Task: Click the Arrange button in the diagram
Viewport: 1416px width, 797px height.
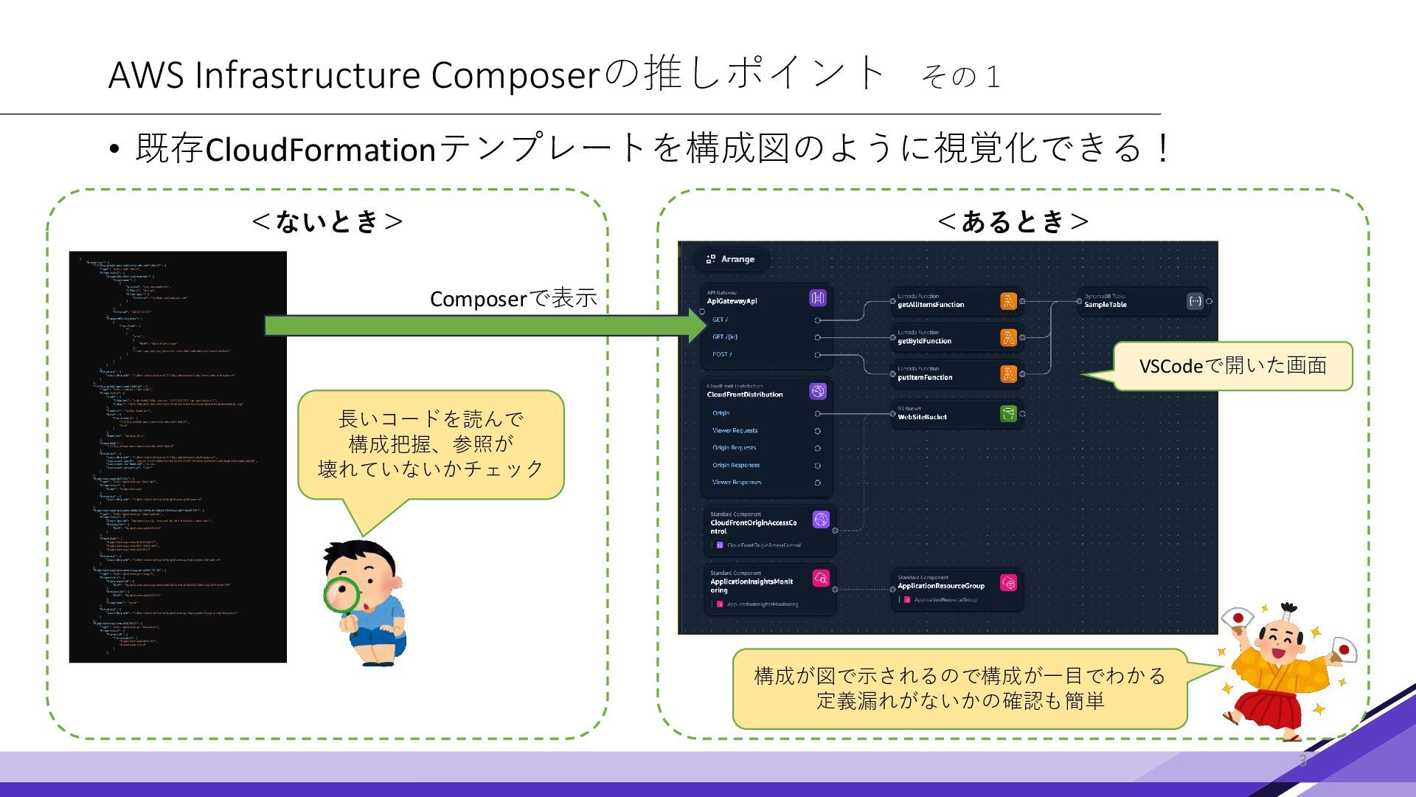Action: click(731, 259)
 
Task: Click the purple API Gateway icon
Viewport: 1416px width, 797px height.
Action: click(817, 298)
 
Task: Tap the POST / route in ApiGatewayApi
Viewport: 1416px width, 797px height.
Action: click(722, 354)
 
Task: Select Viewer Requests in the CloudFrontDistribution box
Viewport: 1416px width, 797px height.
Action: click(735, 430)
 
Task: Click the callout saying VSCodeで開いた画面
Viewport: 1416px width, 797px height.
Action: click(1232, 366)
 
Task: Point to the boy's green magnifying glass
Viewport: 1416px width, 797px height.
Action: click(341, 596)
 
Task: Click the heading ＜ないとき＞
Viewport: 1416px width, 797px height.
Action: click(327, 221)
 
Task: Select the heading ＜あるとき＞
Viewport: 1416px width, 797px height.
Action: click(1013, 221)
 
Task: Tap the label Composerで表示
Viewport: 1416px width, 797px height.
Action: click(513, 299)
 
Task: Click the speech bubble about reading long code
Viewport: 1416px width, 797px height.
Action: click(431, 444)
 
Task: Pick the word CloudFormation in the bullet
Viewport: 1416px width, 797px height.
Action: click(321, 150)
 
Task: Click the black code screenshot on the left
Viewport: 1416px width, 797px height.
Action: click(178, 457)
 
